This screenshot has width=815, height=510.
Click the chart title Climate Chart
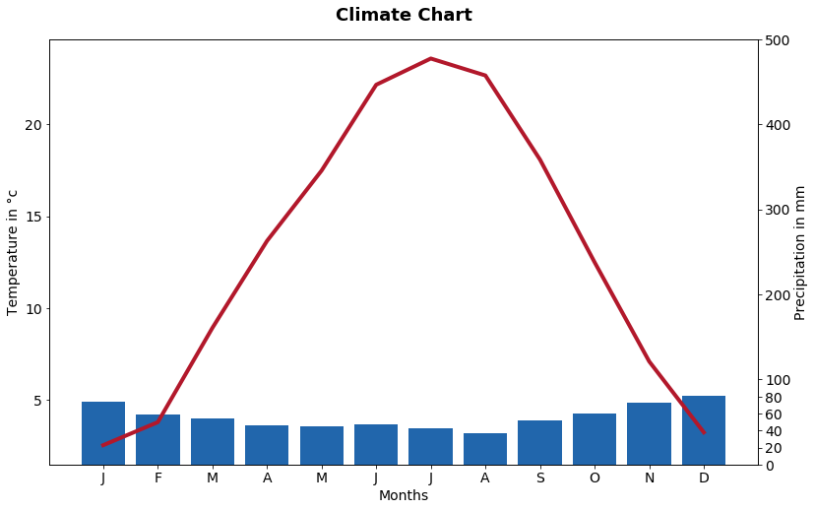coord(404,15)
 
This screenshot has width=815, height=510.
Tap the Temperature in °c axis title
coord(12,253)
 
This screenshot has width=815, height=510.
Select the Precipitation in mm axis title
coord(800,253)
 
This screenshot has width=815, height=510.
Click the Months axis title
coord(404,495)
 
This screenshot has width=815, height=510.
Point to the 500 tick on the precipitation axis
coord(777,40)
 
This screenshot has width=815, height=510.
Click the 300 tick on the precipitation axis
coord(777,210)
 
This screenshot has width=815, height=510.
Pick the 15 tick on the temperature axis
coord(33,217)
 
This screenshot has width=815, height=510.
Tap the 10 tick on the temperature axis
coord(33,309)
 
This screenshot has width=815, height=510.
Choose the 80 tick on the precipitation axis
coord(773,398)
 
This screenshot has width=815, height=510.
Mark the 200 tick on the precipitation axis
coord(777,295)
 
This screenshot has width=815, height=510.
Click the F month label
coord(158,478)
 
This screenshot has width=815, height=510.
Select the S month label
coord(540,478)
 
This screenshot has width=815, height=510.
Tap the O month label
coord(595,478)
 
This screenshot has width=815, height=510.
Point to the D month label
coord(704,478)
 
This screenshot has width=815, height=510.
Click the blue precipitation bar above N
coord(650,433)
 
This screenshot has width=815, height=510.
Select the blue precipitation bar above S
coord(540,442)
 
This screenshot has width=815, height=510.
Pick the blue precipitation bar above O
coord(595,439)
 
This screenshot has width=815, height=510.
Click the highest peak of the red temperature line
coord(431,59)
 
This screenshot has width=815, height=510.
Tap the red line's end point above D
coord(704,432)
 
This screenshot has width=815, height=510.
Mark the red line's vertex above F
coord(158,421)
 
